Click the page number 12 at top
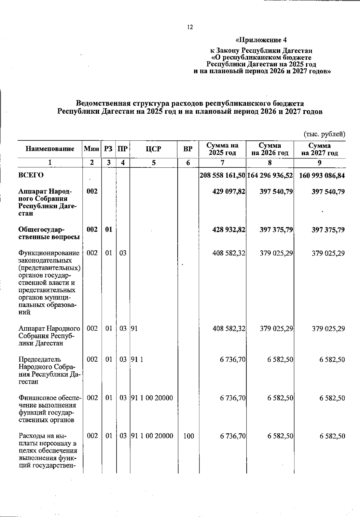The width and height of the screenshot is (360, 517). [x=190, y=27]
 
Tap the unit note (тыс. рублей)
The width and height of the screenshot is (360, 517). [x=324, y=134]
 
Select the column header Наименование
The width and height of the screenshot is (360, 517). [x=50, y=149]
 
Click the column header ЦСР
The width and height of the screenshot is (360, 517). [x=153, y=149]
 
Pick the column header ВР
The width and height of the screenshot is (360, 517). [x=188, y=149]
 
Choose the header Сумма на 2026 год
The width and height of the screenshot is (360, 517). [x=270, y=149]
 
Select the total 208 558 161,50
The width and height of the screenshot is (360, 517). [x=223, y=176]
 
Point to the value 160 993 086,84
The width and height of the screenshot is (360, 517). [x=322, y=176]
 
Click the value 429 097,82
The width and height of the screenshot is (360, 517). [x=229, y=191]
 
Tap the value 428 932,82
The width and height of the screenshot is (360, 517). [x=229, y=230]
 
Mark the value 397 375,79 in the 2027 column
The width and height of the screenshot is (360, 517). [x=328, y=230]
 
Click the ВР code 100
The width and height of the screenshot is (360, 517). [x=188, y=436]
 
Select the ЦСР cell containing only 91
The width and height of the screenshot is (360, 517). [x=134, y=329]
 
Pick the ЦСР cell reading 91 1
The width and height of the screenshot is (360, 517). [x=136, y=359]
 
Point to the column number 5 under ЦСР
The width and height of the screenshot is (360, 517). [x=153, y=163]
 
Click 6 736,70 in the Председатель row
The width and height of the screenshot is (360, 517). [x=233, y=359]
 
